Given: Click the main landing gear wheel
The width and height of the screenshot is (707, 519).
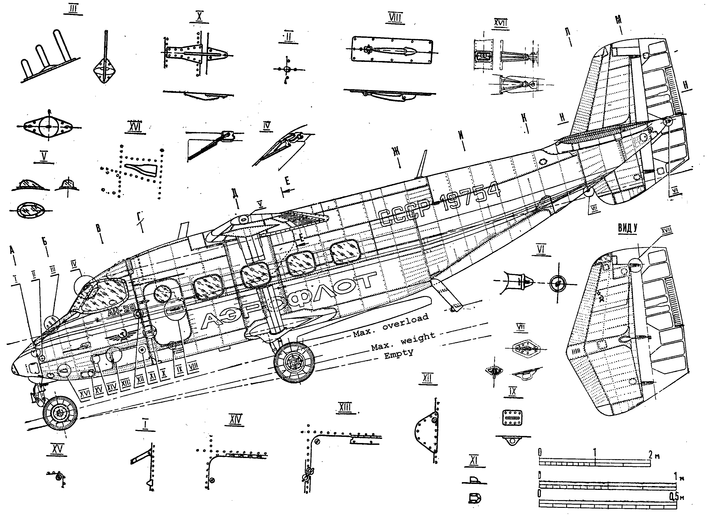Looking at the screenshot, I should [x=294, y=362].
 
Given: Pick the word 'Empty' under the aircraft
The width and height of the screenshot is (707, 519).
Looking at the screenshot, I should [x=398, y=354].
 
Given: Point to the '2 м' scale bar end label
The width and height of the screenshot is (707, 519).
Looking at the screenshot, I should [x=654, y=455].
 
